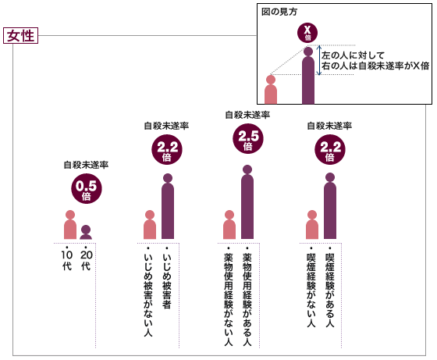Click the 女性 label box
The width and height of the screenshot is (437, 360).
click(x=20, y=36)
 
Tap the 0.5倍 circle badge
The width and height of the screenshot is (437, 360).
click(x=87, y=188)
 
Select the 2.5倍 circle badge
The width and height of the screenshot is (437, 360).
click(x=248, y=138)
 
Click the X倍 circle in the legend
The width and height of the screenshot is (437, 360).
click(x=307, y=33)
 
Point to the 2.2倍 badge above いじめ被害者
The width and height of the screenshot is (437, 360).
click(x=167, y=150)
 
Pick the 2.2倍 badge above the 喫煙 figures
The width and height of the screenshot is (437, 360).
click(x=330, y=150)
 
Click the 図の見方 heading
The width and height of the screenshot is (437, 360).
click(x=279, y=12)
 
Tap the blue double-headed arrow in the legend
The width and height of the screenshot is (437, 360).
click(x=320, y=60)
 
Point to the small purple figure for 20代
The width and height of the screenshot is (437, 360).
click(x=86, y=232)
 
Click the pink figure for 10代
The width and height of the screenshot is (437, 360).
click(x=70, y=224)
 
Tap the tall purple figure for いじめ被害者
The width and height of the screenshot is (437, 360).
click(x=168, y=206)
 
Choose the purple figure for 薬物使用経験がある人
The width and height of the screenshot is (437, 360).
click(x=247, y=202)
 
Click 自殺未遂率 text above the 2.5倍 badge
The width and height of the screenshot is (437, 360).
click(x=248, y=115)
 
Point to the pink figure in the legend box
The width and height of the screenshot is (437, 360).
click(x=271, y=89)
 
